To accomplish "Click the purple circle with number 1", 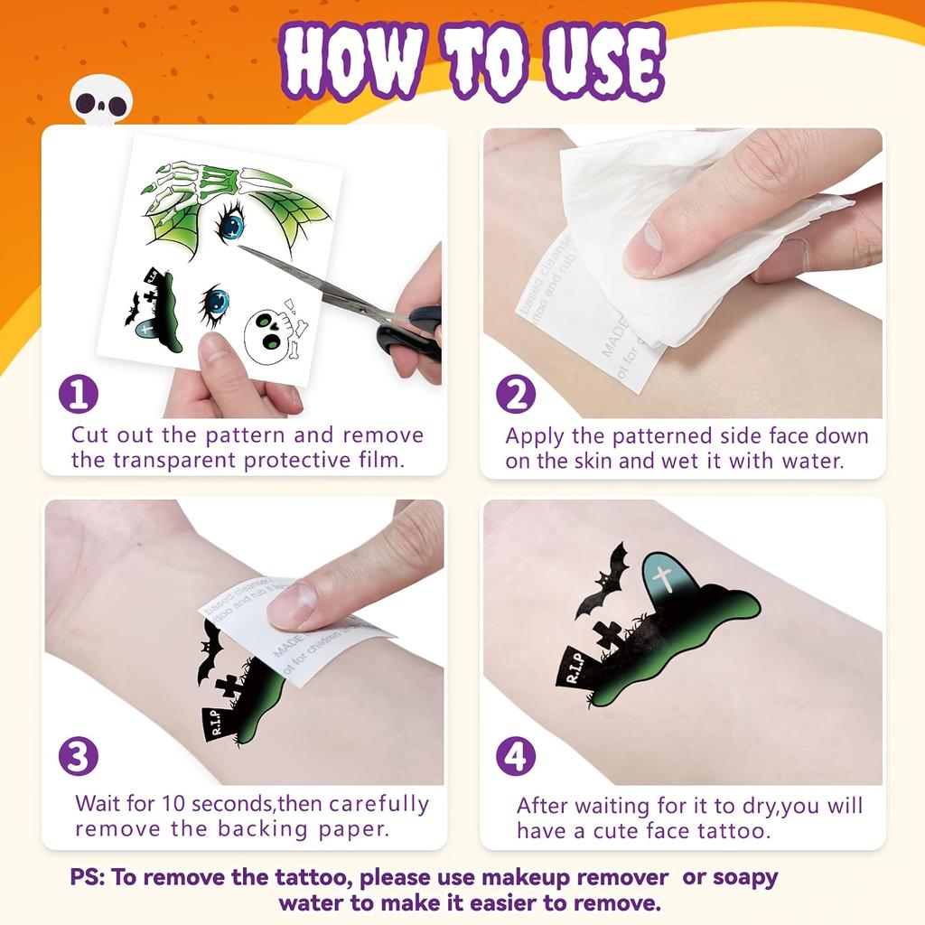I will pyautogui.click(x=79, y=395).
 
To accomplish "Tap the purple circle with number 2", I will pyautogui.click(x=516, y=395).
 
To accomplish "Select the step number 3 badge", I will pyautogui.click(x=79, y=756).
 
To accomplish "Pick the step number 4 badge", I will pyautogui.click(x=516, y=756).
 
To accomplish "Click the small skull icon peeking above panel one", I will pyautogui.click(x=101, y=101).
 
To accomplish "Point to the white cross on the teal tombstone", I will pyautogui.click(x=664, y=578).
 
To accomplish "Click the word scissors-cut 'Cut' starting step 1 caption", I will pyautogui.click(x=90, y=435).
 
